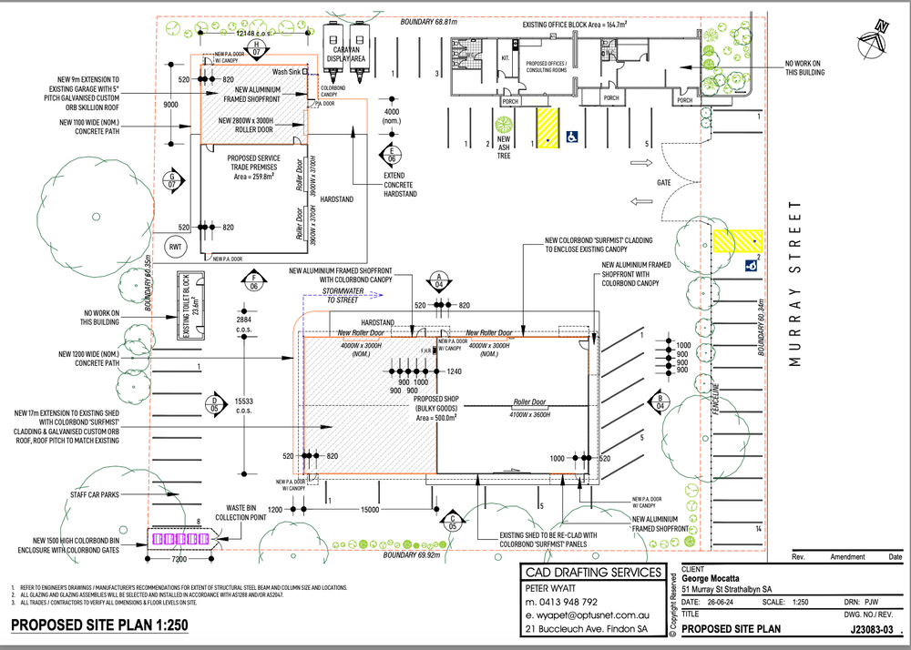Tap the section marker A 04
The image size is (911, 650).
(x=439, y=279)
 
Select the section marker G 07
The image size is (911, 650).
(x=171, y=179)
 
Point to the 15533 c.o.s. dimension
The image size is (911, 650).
(x=244, y=405)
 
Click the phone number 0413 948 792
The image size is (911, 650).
(x=562, y=602)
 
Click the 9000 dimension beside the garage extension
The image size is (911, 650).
(x=170, y=105)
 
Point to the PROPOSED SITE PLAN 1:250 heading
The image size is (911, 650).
(x=99, y=627)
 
